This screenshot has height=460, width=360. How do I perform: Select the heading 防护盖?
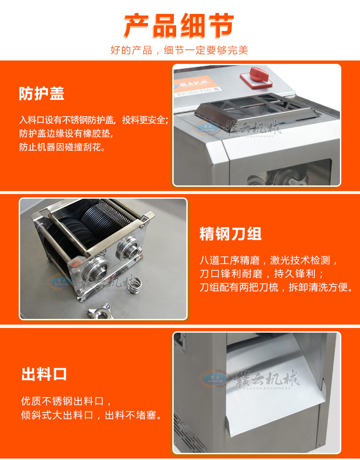click(41, 94)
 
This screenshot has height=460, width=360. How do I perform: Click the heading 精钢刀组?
click(230, 234)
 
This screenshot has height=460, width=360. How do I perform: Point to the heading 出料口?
click(44, 375)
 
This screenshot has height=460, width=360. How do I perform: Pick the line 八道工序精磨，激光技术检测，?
click(269, 261)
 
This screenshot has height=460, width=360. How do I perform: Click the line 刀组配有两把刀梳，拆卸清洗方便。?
click(276, 288)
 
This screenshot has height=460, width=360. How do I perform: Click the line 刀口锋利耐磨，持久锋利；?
click(262, 274)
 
